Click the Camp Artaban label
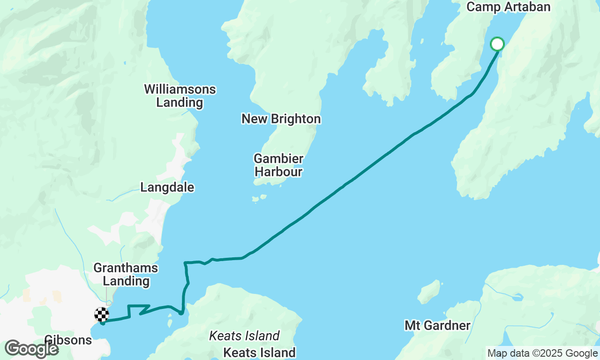(508, 7)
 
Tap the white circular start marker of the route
(497, 44)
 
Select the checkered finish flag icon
(102, 314)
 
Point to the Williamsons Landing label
(180, 96)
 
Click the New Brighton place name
(281, 119)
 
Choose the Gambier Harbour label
(278, 165)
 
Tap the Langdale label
(167, 187)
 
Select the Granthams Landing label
(126, 275)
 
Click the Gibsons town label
(68, 340)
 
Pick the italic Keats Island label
(244, 336)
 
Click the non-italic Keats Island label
(259, 352)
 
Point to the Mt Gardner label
(437, 325)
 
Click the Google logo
(31, 349)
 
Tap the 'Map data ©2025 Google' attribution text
(542, 353)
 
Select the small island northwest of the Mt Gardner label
(429, 292)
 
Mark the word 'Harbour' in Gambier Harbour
(278, 172)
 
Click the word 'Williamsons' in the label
(180, 89)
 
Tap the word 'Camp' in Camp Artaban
(482, 7)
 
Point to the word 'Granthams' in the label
(126, 268)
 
